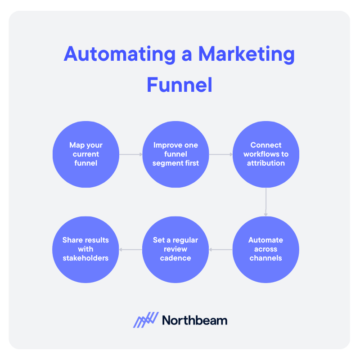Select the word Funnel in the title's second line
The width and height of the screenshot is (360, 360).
(180, 85)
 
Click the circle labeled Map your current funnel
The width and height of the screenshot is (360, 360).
(86, 154)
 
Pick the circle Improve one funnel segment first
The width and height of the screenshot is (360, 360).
(175, 154)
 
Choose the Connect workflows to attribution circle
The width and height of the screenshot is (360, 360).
(265, 154)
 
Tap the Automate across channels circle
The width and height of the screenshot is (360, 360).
(265, 249)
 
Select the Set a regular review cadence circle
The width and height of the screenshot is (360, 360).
(175, 249)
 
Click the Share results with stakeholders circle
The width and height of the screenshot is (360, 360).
(86, 249)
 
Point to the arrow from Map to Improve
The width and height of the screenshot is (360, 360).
(130, 154)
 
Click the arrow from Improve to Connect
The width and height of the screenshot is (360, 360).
(220, 154)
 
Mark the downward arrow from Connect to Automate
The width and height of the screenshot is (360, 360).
(265, 202)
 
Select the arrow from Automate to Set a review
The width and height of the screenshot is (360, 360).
(220, 249)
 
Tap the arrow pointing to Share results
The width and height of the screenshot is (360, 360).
(130, 249)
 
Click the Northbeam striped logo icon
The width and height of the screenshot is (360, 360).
(146, 320)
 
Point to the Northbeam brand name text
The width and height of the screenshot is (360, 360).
(194, 320)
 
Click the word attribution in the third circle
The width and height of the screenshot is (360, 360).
(265, 163)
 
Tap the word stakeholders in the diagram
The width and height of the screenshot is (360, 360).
(86, 258)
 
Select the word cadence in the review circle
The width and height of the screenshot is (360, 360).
(175, 258)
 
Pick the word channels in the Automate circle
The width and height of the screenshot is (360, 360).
(265, 258)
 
